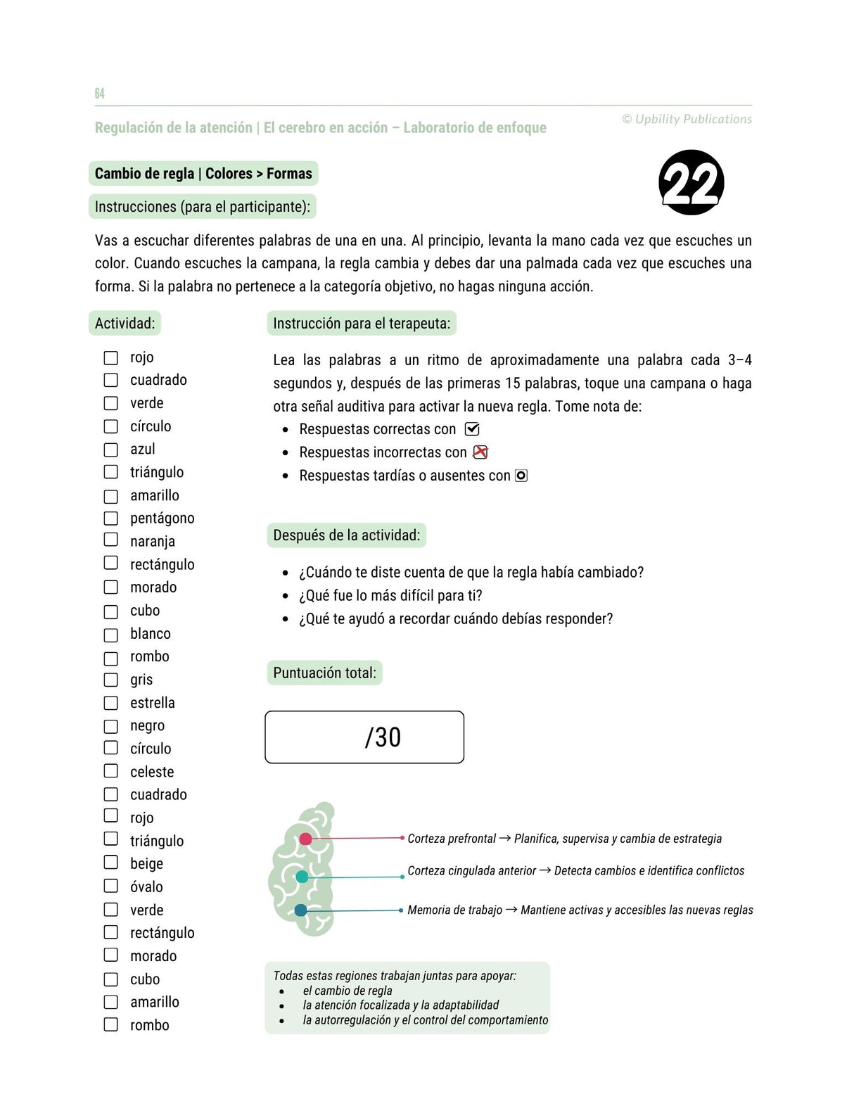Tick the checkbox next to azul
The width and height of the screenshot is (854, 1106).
(x=111, y=450)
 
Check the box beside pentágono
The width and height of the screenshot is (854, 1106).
(x=111, y=519)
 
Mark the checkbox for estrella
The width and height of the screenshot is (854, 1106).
(x=111, y=703)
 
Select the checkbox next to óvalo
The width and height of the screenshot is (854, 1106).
(x=111, y=886)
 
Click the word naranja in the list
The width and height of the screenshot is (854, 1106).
(x=152, y=541)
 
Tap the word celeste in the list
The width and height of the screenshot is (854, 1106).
(x=151, y=772)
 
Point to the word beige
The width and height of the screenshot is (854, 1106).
(x=146, y=863)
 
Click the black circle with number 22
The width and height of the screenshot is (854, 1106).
(x=692, y=182)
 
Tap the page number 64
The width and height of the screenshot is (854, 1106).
(x=99, y=94)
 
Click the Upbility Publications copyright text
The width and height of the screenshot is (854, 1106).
(x=687, y=120)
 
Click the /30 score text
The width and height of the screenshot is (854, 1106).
(x=383, y=737)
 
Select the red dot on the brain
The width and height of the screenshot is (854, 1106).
(x=305, y=839)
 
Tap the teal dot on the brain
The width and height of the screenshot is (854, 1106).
(x=302, y=877)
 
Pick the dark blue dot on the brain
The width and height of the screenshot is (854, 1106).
(x=300, y=910)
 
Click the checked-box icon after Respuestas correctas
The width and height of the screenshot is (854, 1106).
(x=472, y=429)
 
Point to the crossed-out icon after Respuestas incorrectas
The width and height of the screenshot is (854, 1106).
(x=480, y=452)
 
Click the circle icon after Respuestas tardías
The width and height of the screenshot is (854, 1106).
(x=521, y=476)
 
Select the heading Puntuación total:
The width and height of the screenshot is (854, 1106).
(x=324, y=673)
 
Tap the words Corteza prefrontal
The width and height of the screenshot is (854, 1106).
(x=452, y=839)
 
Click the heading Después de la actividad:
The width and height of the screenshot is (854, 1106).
(x=346, y=535)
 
